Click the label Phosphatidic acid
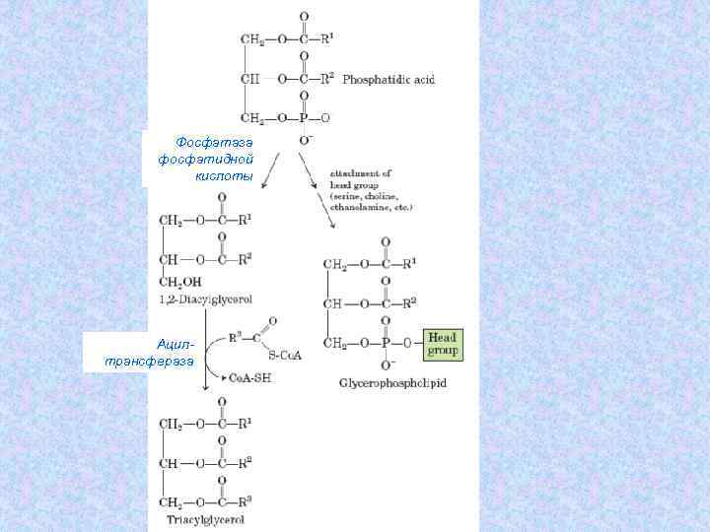tap(389, 79)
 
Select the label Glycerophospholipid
tap(392, 382)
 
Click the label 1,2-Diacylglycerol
tap(198, 299)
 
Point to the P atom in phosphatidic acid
tap(303, 117)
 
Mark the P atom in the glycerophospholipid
tap(386, 343)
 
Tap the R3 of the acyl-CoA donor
tap(235, 337)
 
